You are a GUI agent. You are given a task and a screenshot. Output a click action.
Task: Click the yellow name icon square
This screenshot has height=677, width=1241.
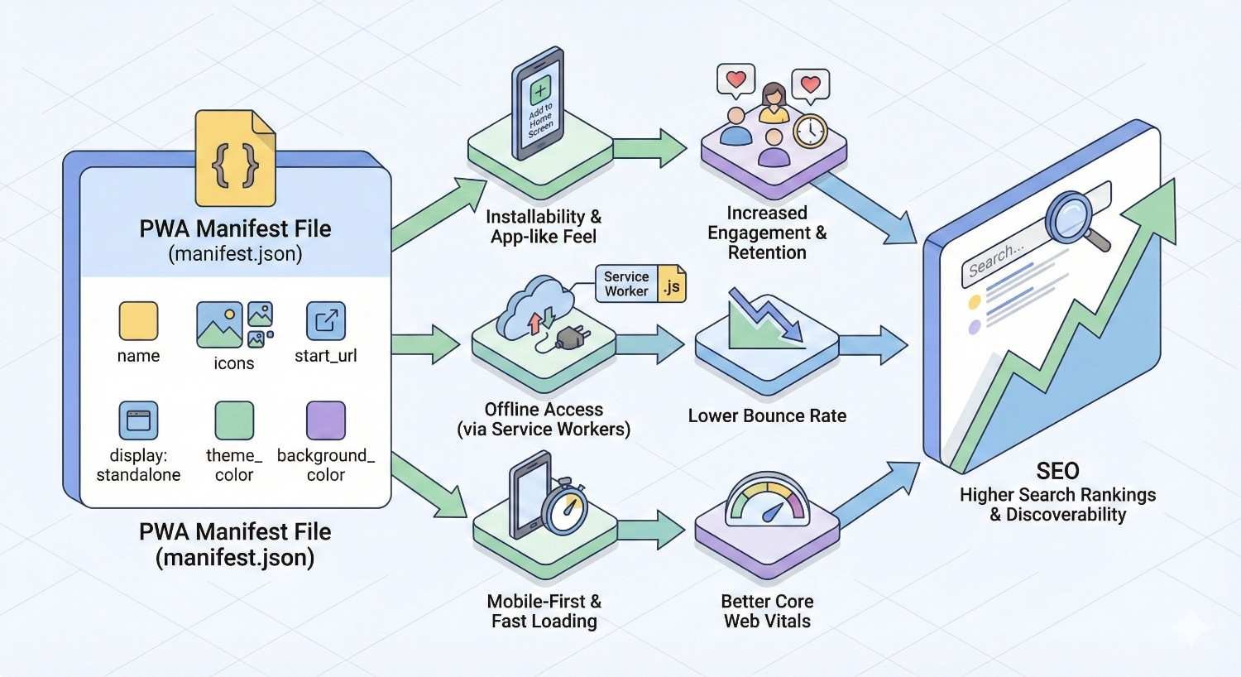pyautogui.click(x=138, y=321)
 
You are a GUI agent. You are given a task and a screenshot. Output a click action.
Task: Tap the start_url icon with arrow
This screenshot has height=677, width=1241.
pyautogui.click(x=326, y=321)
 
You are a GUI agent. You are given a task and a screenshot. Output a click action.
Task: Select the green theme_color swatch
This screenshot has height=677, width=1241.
pyautogui.click(x=234, y=420)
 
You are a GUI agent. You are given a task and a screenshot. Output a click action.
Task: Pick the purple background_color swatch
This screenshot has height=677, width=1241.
pyautogui.click(x=326, y=420)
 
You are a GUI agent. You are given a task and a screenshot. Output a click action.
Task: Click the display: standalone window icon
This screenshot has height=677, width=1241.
pyautogui.click(x=138, y=420)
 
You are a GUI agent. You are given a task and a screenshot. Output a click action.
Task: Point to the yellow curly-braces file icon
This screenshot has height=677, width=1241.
pyautogui.click(x=235, y=159)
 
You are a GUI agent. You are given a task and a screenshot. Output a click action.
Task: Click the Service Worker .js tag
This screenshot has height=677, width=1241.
pyautogui.click(x=641, y=284)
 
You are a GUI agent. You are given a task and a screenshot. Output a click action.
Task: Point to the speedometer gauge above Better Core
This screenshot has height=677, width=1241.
pyautogui.click(x=767, y=502)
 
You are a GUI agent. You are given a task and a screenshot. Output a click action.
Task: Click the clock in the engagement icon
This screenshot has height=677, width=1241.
pyautogui.click(x=810, y=131)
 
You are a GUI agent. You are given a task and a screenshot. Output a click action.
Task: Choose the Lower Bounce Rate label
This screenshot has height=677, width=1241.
pyautogui.click(x=767, y=416)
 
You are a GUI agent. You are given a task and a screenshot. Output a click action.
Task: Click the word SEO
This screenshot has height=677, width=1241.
pyautogui.click(x=1057, y=471)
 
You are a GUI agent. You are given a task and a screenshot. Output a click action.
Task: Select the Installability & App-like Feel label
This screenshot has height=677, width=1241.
pyautogui.click(x=544, y=227)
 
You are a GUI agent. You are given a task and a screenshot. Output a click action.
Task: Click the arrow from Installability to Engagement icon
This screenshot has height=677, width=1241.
pyautogui.click(x=651, y=148)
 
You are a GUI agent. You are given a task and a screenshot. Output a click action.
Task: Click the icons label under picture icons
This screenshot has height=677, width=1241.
pyautogui.click(x=234, y=363)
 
